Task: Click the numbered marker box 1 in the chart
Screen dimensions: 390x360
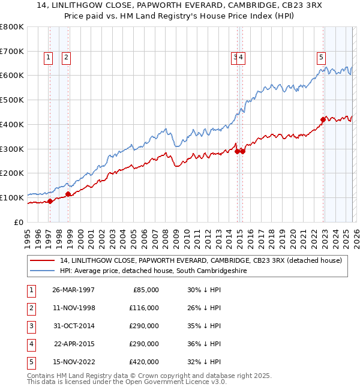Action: coord(48,58)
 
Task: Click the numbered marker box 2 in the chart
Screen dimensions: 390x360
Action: coord(65,58)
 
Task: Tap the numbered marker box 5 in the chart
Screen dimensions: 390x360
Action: coord(321,58)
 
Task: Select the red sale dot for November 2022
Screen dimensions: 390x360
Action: coord(323,119)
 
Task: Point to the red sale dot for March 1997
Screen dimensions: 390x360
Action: coord(50,201)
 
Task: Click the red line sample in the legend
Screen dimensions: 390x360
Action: coord(43,260)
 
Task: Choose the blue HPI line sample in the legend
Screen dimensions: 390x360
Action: coord(43,271)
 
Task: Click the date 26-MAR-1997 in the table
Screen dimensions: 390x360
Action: coord(74,290)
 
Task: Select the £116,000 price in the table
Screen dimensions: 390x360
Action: coord(144,308)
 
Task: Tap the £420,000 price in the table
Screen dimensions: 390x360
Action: coord(144,362)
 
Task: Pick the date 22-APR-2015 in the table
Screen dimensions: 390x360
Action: coord(74,344)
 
